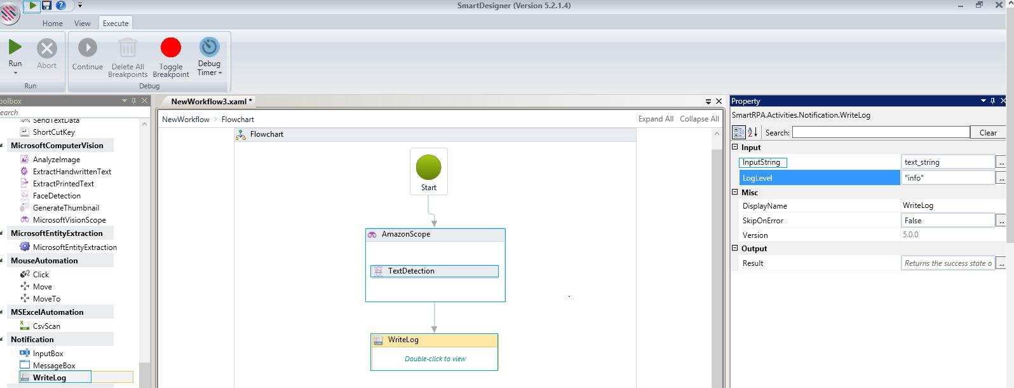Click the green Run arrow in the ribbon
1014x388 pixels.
(x=15, y=46)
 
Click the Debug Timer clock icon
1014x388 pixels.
(x=209, y=47)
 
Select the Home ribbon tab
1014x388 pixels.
(x=53, y=23)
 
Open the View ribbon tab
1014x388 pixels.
(x=82, y=23)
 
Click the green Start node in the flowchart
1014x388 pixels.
(x=429, y=167)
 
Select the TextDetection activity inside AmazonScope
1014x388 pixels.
(x=435, y=271)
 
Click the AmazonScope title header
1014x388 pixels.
(x=435, y=234)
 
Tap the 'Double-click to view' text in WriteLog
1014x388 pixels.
(x=435, y=359)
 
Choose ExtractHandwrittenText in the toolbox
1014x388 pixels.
(x=72, y=171)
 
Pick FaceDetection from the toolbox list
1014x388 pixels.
(x=57, y=196)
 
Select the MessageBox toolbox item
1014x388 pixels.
(x=54, y=365)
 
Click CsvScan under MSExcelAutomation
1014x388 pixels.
(x=46, y=326)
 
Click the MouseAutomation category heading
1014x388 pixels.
(x=44, y=261)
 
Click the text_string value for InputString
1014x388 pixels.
(x=922, y=162)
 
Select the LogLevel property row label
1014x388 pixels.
(x=757, y=178)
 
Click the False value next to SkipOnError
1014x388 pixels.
(x=912, y=221)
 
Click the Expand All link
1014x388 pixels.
(x=656, y=119)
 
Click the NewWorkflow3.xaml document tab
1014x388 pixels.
(x=212, y=102)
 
